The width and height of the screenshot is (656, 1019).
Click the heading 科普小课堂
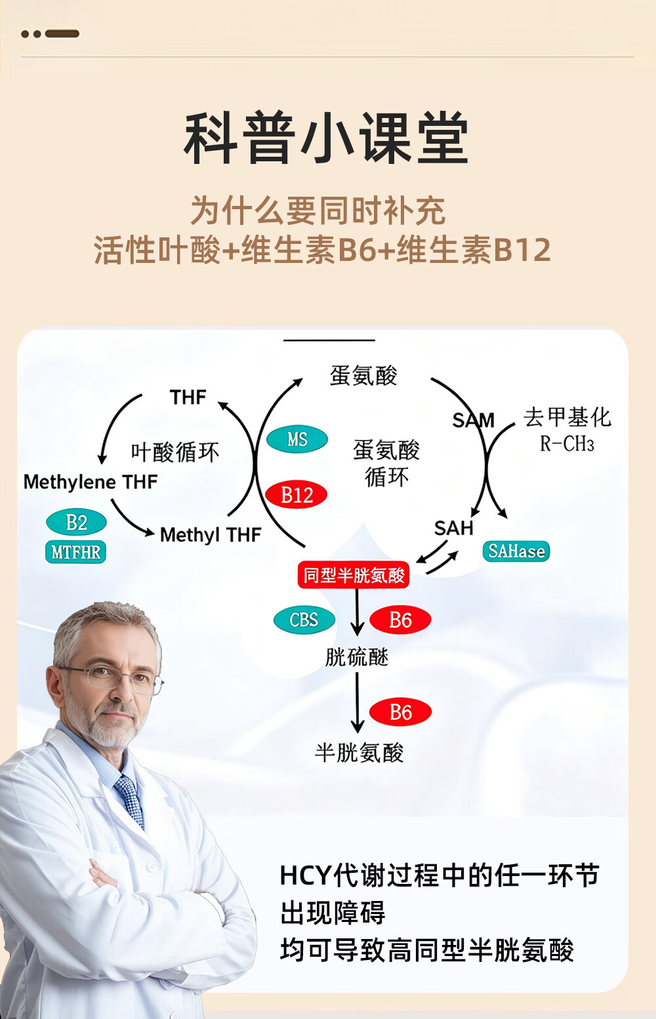(326, 138)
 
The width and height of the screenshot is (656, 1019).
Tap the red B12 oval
(297, 494)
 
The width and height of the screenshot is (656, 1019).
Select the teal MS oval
(297, 439)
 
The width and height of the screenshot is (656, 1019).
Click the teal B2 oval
(76, 523)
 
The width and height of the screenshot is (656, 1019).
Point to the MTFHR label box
(76, 552)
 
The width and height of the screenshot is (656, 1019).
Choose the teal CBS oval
(304, 620)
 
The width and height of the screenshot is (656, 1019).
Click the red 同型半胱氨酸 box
(354, 575)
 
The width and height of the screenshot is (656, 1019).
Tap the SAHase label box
(516, 551)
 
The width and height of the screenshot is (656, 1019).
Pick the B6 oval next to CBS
(400, 620)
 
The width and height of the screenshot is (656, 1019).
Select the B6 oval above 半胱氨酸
(400, 712)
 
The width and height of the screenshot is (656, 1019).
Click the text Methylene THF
(91, 482)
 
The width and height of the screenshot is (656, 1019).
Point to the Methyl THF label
(211, 535)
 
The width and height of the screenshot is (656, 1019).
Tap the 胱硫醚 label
(357, 657)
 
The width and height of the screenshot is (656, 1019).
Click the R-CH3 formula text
(567, 445)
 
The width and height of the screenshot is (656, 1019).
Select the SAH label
(453, 528)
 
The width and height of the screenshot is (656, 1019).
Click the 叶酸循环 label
(174, 452)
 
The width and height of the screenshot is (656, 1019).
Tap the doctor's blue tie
(130, 800)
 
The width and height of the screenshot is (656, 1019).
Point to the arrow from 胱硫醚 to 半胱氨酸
(357, 702)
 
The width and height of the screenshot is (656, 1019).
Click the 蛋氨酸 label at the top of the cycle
(363, 376)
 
